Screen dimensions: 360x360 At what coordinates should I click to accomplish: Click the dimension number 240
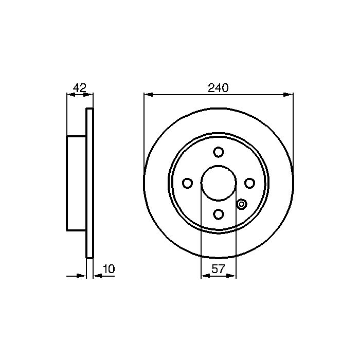tap(218, 88)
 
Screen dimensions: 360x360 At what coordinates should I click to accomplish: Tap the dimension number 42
tap(80, 88)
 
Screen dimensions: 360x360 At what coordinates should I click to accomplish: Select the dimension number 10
tap(109, 269)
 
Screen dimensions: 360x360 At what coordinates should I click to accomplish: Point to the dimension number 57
tap(218, 269)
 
